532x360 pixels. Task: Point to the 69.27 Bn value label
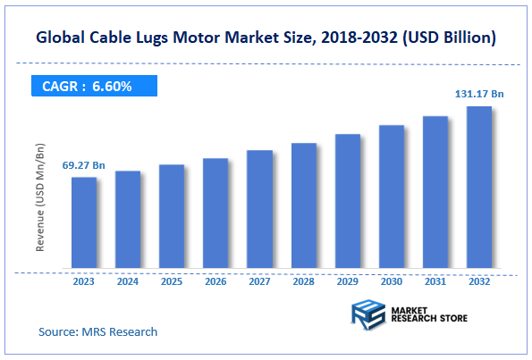83,166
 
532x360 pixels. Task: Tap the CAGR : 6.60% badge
88,87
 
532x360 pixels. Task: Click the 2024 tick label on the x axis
128,281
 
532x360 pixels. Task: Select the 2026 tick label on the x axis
215,281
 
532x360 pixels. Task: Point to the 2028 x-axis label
304,281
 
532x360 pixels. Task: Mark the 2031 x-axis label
435,281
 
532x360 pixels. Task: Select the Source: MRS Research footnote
98,331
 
